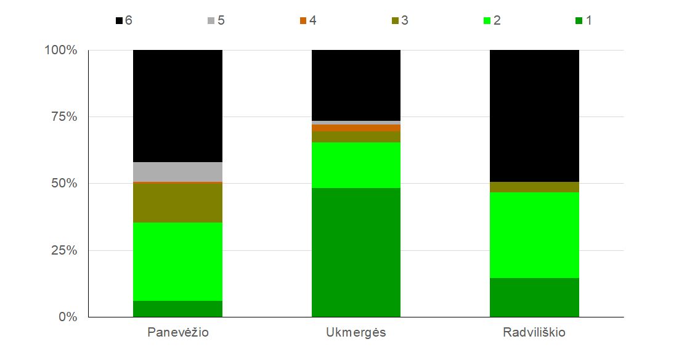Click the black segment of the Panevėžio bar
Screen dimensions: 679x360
coord(177,106)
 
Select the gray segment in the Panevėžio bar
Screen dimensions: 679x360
coord(177,172)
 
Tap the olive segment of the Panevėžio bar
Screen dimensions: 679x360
coord(177,203)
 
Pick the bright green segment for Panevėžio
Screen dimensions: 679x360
coord(177,261)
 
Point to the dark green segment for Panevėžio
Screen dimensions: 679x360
coord(177,309)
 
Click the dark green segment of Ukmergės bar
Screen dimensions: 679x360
coord(356,253)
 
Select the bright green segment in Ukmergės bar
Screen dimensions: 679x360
coord(356,165)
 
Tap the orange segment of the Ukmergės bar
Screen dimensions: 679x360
coord(356,128)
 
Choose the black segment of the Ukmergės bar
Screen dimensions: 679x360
coord(356,85)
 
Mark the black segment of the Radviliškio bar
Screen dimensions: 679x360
coord(534,116)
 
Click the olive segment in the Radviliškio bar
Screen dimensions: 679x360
coord(534,187)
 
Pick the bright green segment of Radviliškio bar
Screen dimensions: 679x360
coord(534,235)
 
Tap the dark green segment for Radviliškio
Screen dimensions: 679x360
coord(534,298)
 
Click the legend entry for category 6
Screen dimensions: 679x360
coord(124,20)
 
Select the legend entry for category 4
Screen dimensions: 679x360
coord(308,20)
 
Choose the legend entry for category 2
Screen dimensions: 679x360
coord(492,20)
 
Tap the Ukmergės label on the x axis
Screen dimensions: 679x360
coord(356,333)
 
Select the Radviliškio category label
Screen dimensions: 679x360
coord(534,332)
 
